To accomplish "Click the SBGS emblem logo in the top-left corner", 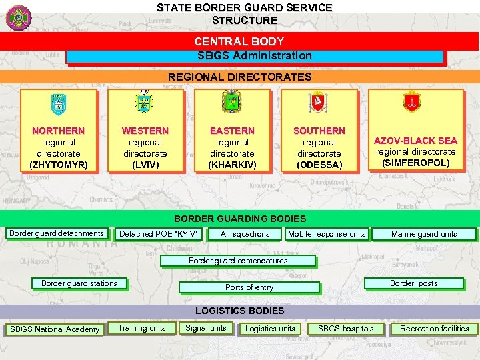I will pyautogui.click(x=19, y=17).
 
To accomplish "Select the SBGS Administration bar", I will pyautogui.click(x=255, y=56).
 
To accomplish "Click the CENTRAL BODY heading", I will pyautogui.click(x=239, y=41).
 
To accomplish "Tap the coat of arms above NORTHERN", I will pyautogui.click(x=59, y=103).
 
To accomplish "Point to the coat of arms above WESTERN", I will pyautogui.click(x=144, y=101).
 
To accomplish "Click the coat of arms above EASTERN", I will pyautogui.click(x=231, y=101).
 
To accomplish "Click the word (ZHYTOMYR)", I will pyautogui.click(x=59, y=164).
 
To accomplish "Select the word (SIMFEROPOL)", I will pyautogui.click(x=415, y=163).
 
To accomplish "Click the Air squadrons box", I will pyautogui.click(x=245, y=234).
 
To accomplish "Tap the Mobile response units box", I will pyautogui.click(x=327, y=234).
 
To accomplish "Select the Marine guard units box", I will pyautogui.click(x=424, y=234).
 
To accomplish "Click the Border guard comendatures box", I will pyautogui.click(x=238, y=261).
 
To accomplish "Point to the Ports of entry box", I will pyautogui.click(x=249, y=287).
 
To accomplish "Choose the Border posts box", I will pyautogui.click(x=413, y=283).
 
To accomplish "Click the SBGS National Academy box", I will pyautogui.click(x=55, y=329).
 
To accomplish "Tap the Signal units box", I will pyautogui.click(x=205, y=328).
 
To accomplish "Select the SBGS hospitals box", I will pyautogui.click(x=346, y=329).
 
